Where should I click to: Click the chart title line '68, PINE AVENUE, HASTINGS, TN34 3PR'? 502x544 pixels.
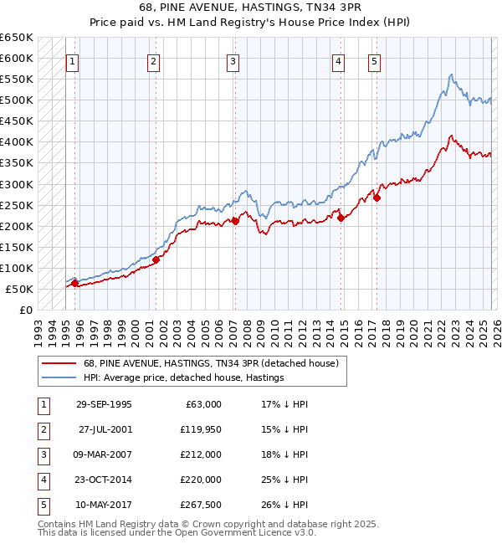pyautogui.click(x=251, y=7)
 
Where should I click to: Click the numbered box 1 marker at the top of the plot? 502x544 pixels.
pyautogui.click(x=72, y=60)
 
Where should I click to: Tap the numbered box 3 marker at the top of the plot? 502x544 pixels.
pyautogui.click(x=232, y=60)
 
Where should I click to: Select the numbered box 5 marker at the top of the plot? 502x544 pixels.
pyautogui.click(x=373, y=60)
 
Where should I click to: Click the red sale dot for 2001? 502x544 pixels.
pyautogui.click(x=156, y=259)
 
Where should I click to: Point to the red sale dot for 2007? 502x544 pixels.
pyautogui.click(x=235, y=221)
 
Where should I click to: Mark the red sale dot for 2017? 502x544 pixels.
pyautogui.click(x=376, y=198)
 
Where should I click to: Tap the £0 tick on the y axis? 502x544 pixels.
pyautogui.click(x=26, y=310)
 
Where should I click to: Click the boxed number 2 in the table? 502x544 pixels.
pyautogui.click(x=44, y=429)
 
